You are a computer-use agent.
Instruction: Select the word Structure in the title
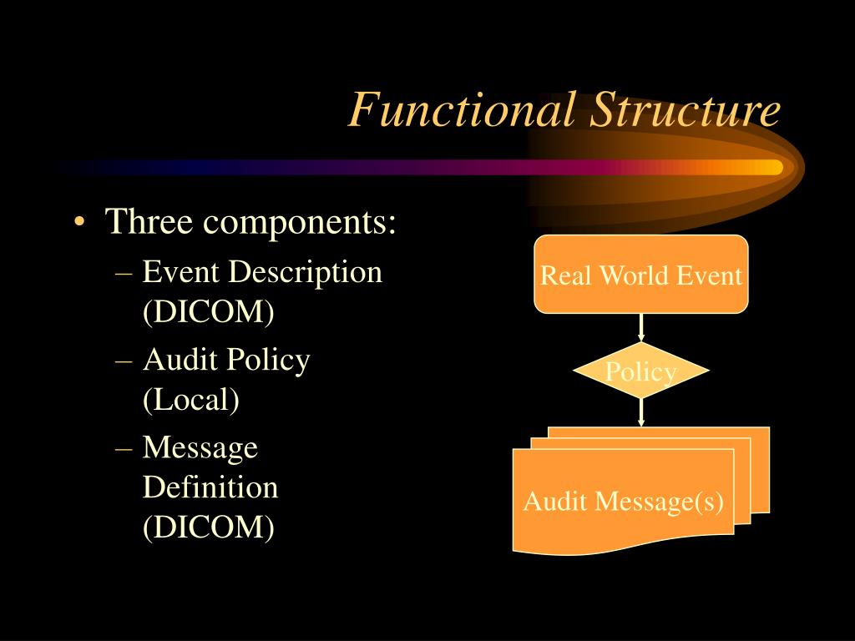tap(685, 111)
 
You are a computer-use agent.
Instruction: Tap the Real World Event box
tap(641, 275)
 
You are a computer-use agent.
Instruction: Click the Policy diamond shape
tap(641, 371)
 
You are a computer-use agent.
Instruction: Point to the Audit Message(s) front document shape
tap(623, 502)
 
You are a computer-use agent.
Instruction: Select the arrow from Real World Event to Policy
tap(641, 327)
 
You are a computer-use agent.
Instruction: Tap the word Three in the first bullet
tap(149, 222)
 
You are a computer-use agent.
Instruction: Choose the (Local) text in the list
tap(191, 400)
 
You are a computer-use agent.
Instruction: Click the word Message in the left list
tap(200, 447)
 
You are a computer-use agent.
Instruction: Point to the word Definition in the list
tap(210, 487)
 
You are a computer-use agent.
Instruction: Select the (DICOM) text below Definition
tap(208, 527)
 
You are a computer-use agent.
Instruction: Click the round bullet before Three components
tap(78, 223)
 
